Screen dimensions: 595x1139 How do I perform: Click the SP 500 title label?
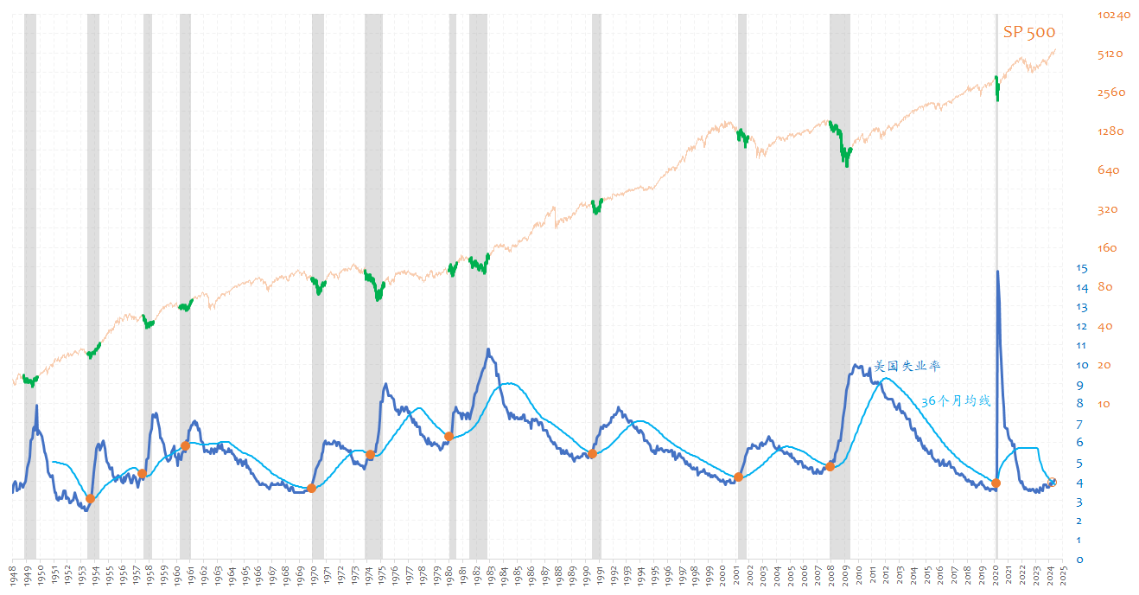pyautogui.click(x=1028, y=32)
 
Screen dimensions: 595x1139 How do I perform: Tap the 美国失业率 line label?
pyautogui.click(x=907, y=366)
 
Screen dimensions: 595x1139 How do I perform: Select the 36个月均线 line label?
pyautogui.click(x=955, y=401)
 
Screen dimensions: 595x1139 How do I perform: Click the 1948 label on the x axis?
pyautogui.click(x=14, y=576)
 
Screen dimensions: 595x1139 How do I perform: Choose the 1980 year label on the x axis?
pyautogui.click(x=450, y=576)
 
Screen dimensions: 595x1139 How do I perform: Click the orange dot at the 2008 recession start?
pyautogui.click(x=830, y=466)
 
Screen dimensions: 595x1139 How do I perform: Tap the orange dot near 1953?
pyautogui.click(x=90, y=499)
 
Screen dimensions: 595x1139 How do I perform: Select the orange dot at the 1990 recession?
pyautogui.click(x=593, y=454)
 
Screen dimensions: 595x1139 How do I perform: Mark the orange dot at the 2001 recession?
pyautogui.click(x=738, y=477)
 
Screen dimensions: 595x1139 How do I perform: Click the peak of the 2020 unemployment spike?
pyautogui.click(x=998, y=272)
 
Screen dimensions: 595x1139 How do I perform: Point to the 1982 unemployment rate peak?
pyautogui.click(x=488, y=349)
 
